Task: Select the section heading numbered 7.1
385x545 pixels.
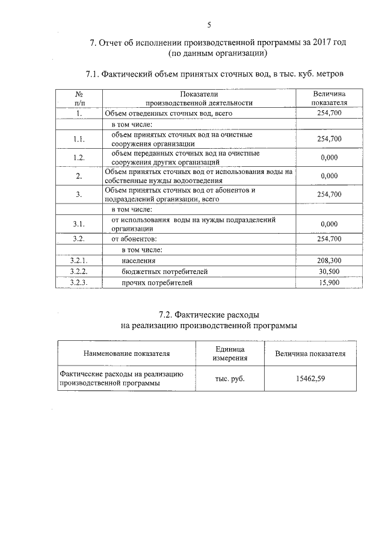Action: [x=215, y=75]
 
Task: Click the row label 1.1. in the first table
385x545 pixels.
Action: [x=78, y=139]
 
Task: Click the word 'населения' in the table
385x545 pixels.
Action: [x=138, y=261]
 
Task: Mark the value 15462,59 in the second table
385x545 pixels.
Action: [x=310, y=378]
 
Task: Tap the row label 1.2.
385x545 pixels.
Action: [x=78, y=157]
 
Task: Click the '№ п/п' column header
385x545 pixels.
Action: [x=79, y=98]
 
